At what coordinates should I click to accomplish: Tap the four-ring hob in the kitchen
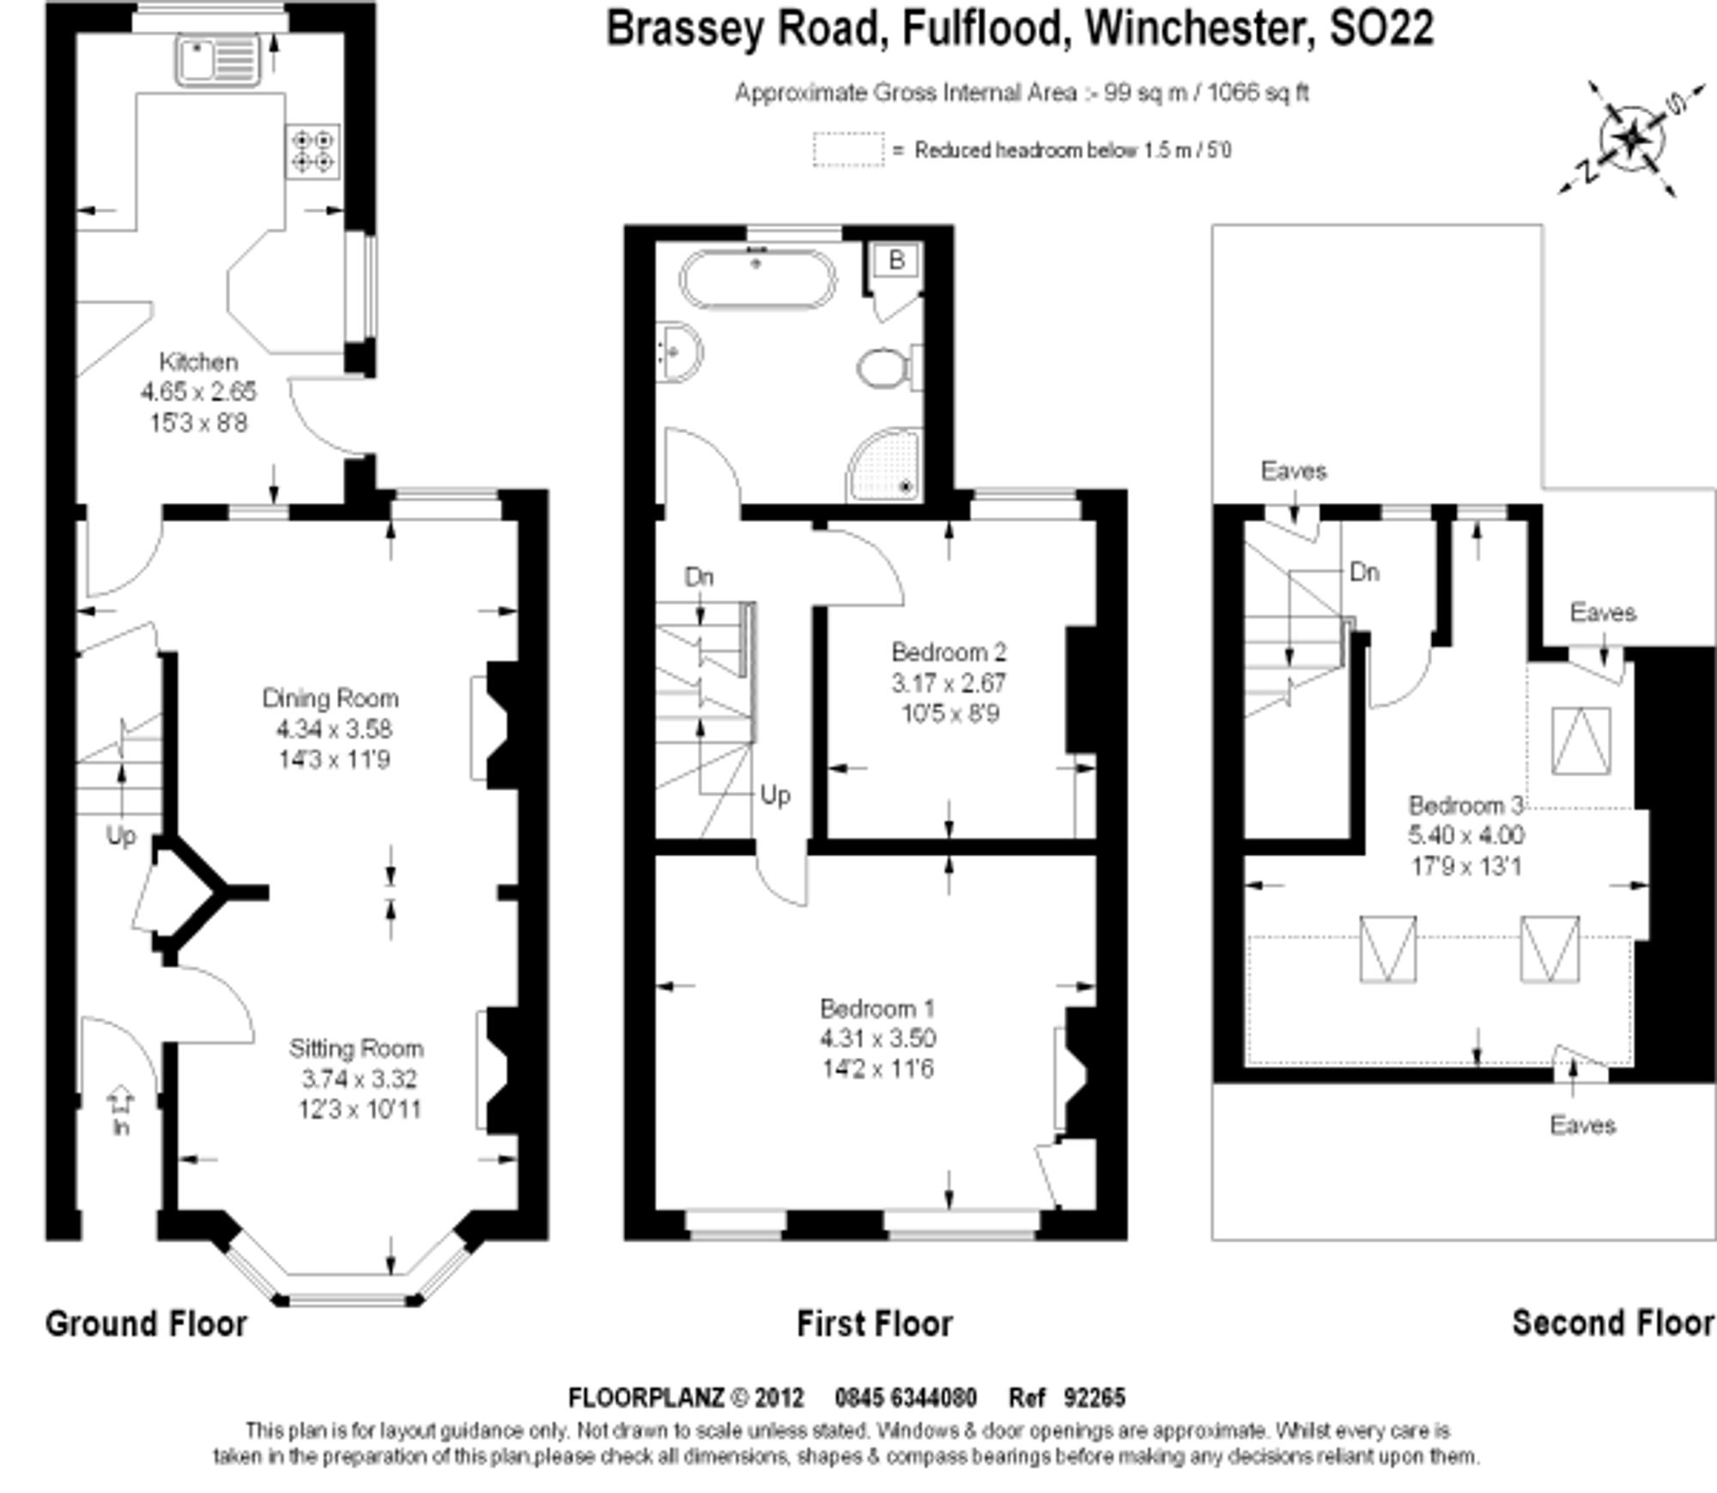pyautogui.click(x=312, y=152)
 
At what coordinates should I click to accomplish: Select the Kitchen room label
pyautogui.click(x=198, y=362)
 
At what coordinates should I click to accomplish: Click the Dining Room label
pyautogui.click(x=331, y=698)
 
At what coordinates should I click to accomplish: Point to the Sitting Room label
pyautogui.click(x=356, y=1049)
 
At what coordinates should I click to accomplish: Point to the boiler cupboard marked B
pyautogui.click(x=895, y=261)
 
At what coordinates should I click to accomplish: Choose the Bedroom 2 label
pyautogui.click(x=949, y=652)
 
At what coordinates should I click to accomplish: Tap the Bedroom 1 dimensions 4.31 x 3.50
pyautogui.click(x=877, y=1038)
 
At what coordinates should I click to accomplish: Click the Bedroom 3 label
pyautogui.click(x=1466, y=806)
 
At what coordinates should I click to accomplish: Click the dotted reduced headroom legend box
pyautogui.click(x=848, y=149)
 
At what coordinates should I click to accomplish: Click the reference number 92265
pyautogui.click(x=1094, y=1398)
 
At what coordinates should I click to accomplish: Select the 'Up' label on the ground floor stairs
pyautogui.click(x=120, y=836)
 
